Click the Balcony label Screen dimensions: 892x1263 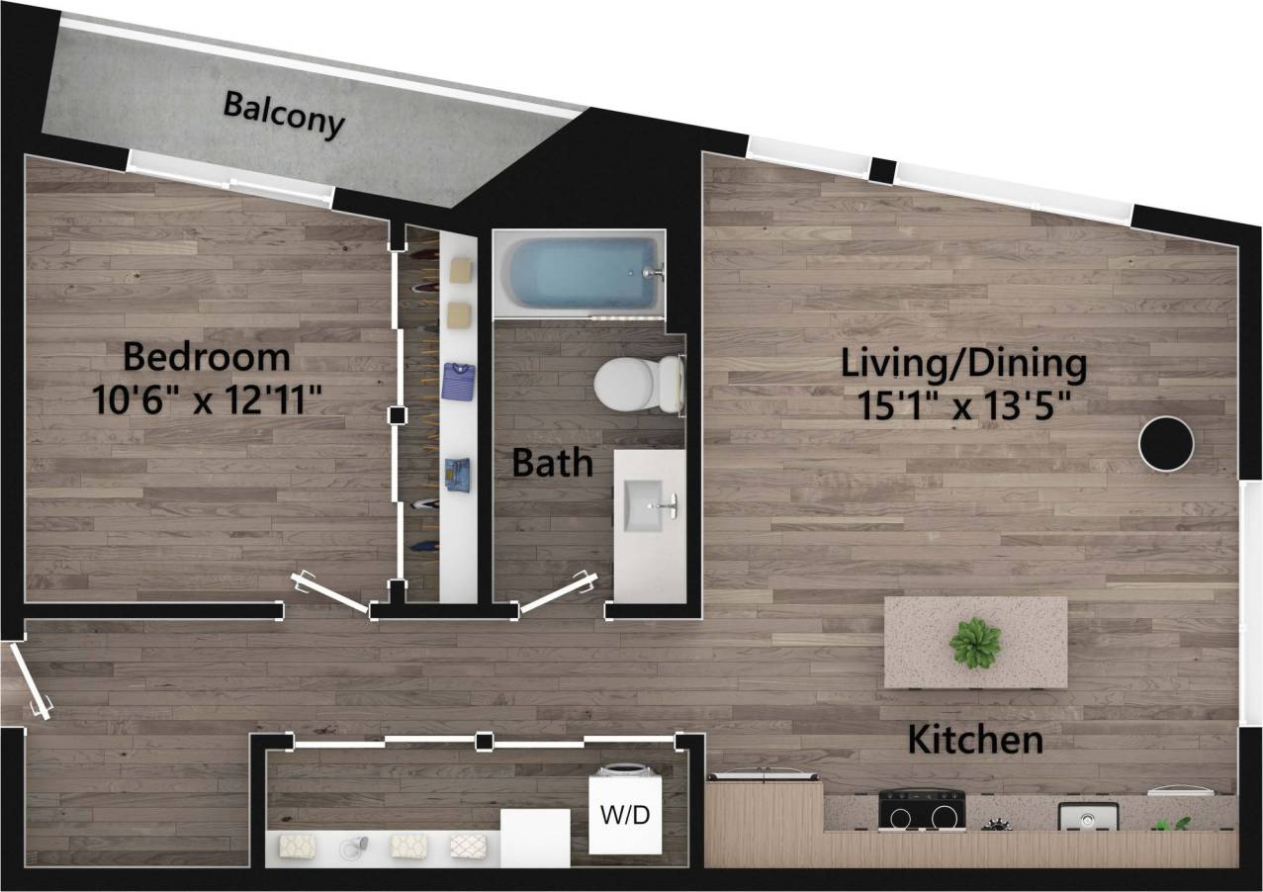(284, 115)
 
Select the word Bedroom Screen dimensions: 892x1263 (207, 356)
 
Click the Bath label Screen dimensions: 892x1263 (552, 463)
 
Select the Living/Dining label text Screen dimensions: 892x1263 (963, 364)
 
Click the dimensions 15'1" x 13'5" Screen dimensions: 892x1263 (963, 405)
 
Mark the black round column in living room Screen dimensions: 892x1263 (1166, 444)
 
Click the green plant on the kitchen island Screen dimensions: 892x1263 (975, 644)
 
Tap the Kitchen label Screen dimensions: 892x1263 (975, 740)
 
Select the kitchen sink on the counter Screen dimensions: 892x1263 (1088, 817)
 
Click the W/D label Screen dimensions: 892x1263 (625, 817)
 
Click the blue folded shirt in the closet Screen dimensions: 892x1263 (459, 380)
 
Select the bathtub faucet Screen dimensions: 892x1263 (650, 271)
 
